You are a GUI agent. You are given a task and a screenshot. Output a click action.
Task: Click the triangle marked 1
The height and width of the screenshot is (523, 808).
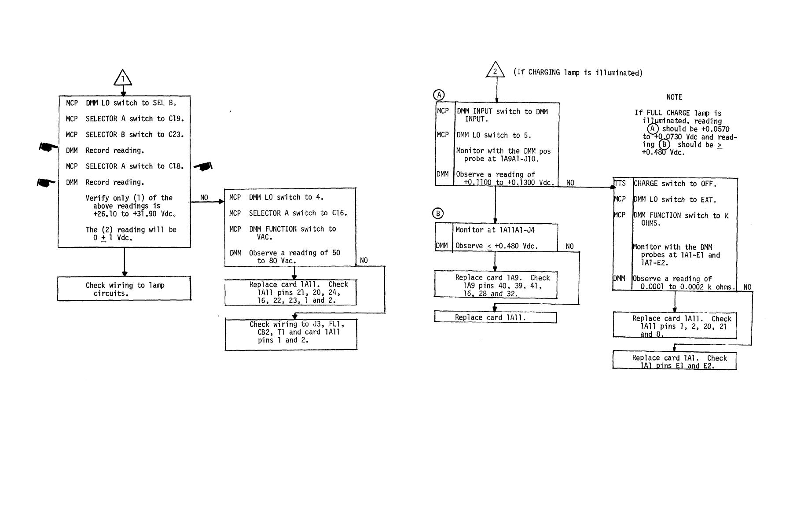123,78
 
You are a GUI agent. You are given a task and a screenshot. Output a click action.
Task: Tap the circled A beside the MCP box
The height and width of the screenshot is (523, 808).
439,95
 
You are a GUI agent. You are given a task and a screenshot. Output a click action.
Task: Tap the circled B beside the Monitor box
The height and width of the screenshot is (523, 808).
438,214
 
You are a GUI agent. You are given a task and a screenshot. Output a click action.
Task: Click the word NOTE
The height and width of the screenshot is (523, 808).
674,97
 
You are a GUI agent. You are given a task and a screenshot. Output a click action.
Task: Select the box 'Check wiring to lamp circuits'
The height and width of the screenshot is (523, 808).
125,289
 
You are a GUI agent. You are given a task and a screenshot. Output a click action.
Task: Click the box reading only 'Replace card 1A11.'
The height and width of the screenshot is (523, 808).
496,317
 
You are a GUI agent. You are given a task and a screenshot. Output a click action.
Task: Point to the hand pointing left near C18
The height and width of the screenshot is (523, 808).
203,166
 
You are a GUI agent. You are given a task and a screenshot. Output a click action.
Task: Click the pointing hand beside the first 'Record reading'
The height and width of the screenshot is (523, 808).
48,147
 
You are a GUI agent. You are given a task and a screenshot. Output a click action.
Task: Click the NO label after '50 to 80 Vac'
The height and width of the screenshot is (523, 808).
364,261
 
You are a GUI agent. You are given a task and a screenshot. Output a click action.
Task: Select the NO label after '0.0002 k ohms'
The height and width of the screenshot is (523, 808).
747,287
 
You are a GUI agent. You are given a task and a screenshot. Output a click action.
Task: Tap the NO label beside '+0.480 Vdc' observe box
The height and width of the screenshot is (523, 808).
569,247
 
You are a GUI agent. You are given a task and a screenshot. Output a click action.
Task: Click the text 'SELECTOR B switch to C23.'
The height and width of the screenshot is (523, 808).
134,135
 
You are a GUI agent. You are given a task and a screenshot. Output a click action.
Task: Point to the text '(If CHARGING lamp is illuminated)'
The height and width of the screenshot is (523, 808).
578,73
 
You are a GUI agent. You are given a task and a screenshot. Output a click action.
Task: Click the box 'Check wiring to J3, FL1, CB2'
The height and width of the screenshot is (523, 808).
291,335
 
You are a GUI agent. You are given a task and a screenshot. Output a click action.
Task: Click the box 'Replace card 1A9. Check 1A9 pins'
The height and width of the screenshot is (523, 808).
496,285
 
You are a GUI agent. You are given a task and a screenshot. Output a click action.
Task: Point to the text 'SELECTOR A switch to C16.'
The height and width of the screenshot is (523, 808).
298,213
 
